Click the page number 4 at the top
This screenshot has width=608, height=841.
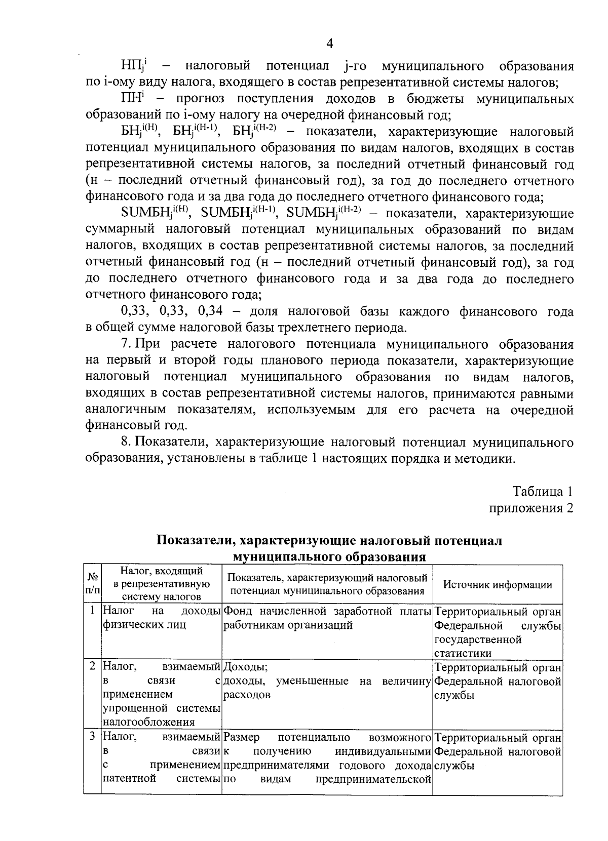329,44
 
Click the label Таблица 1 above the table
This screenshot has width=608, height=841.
543,492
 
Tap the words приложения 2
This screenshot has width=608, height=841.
531,508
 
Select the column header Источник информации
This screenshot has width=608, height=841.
498,584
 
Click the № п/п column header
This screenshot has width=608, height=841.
92,584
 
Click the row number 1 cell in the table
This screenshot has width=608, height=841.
92,611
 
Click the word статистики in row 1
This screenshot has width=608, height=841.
463,653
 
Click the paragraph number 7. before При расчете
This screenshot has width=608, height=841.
127,345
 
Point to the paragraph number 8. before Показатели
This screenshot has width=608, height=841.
127,443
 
